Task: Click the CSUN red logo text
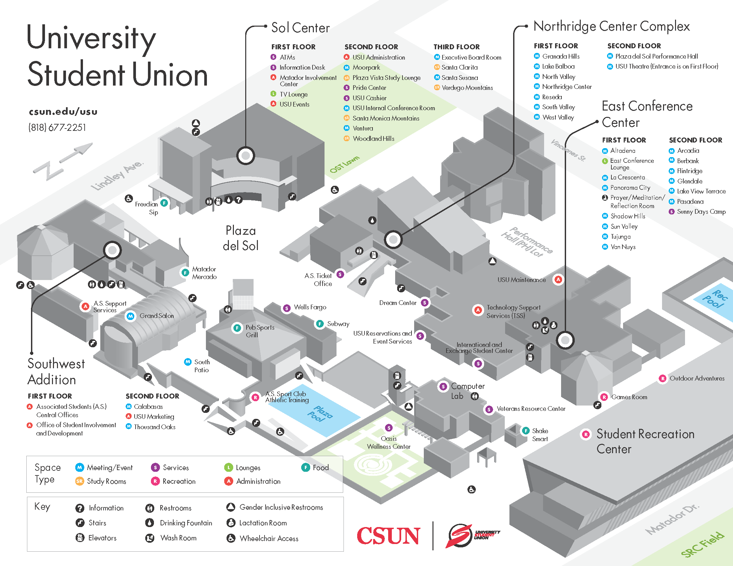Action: click(x=388, y=535)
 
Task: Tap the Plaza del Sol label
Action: click(x=241, y=238)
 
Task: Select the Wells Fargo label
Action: click(x=310, y=307)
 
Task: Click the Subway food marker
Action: click(x=320, y=324)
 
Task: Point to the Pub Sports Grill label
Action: click(x=260, y=331)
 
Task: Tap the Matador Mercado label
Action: click(x=204, y=273)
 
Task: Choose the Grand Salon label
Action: click(x=156, y=316)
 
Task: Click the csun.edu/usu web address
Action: click(x=63, y=112)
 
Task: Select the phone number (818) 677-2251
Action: click(x=57, y=128)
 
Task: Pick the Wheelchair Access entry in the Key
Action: click(x=269, y=538)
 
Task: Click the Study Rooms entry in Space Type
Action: click(x=106, y=481)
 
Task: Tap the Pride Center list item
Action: click(x=369, y=88)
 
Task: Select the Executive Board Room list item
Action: click(x=471, y=57)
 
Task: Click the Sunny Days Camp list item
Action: click(x=701, y=211)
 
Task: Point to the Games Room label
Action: click(x=629, y=397)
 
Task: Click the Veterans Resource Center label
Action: click(x=531, y=409)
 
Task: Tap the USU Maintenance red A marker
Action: click(x=558, y=279)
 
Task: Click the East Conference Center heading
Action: click(x=647, y=114)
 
